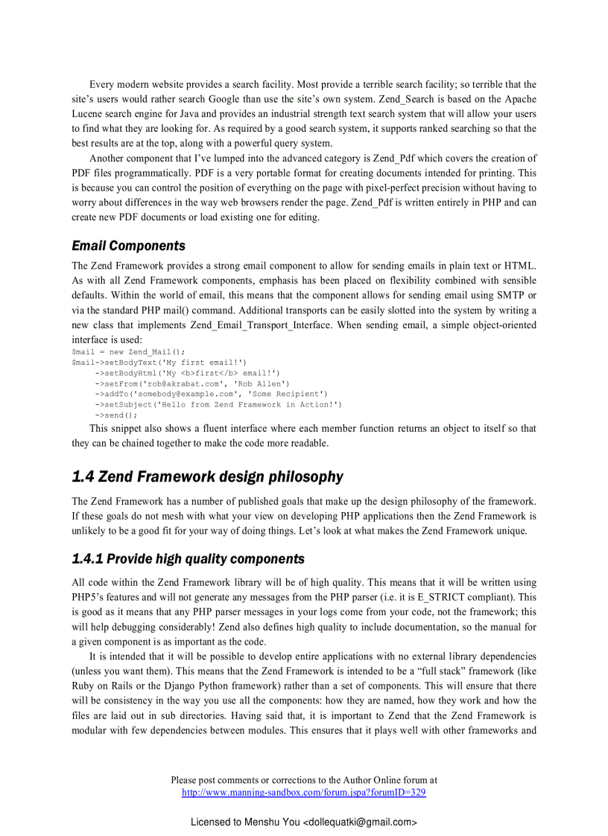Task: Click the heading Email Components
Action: (x=128, y=246)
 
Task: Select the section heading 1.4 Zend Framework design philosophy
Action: (x=207, y=476)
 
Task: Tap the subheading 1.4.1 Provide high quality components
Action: (x=188, y=558)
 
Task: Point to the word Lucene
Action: (x=90, y=114)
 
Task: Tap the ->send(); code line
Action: (x=116, y=415)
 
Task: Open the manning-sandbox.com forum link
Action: (x=304, y=792)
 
